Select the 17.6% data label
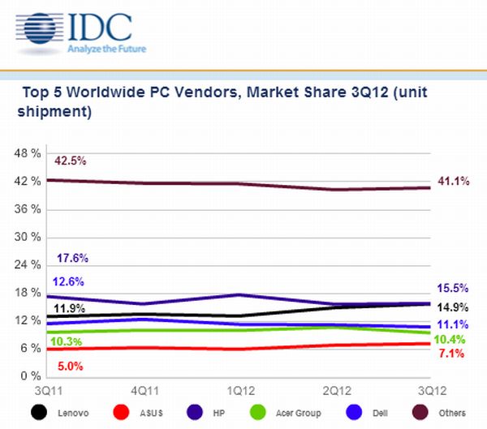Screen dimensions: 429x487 pyautogui.click(x=72, y=258)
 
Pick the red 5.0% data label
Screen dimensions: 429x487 pyautogui.click(x=70, y=366)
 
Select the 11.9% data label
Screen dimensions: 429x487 pyautogui.click(x=70, y=309)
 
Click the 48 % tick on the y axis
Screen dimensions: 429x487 pyautogui.click(x=28, y=153)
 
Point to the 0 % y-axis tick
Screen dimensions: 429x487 pyautogui.click(x=32, y=376)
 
